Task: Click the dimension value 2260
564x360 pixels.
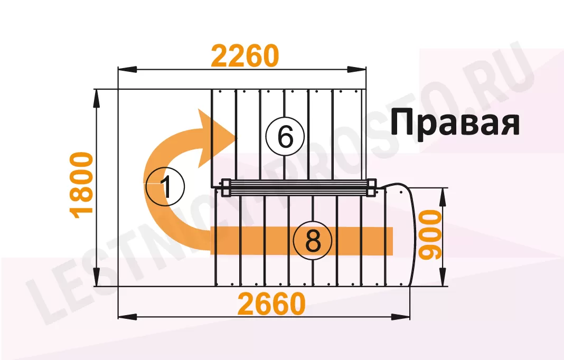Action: (245, 56)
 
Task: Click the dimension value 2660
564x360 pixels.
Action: (271, 305)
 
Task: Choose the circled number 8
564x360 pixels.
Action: (313, 242)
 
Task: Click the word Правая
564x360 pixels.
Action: (455, 122)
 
